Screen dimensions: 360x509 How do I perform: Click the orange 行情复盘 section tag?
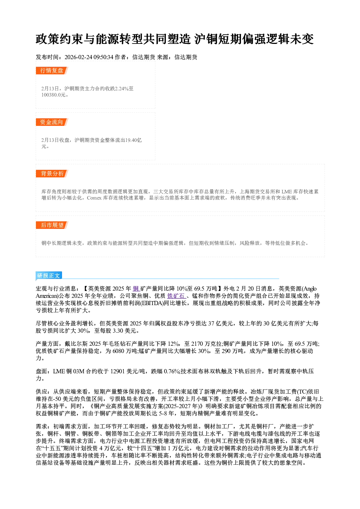[x=52, y=70]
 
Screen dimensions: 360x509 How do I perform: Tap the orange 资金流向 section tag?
[x=52, y=122]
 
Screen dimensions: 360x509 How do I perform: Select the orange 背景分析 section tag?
[x=52, y=174]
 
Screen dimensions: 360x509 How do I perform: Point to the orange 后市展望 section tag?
[x=52, y=225]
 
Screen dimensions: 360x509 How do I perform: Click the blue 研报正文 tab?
[x=49, y=276]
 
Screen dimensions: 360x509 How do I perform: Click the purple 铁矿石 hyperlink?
[x=176, y=296]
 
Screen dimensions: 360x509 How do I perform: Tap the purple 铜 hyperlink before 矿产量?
[x=136, y=288]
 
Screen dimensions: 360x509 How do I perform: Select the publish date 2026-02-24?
[x=78, y=57]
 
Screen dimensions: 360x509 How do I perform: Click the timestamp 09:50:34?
[x=103, y=57]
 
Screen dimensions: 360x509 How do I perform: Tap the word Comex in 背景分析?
[x=94, y=198]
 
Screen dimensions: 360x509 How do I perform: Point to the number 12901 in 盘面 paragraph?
[x=117, y=371]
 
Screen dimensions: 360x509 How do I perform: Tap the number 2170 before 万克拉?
[x=197, y=344]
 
